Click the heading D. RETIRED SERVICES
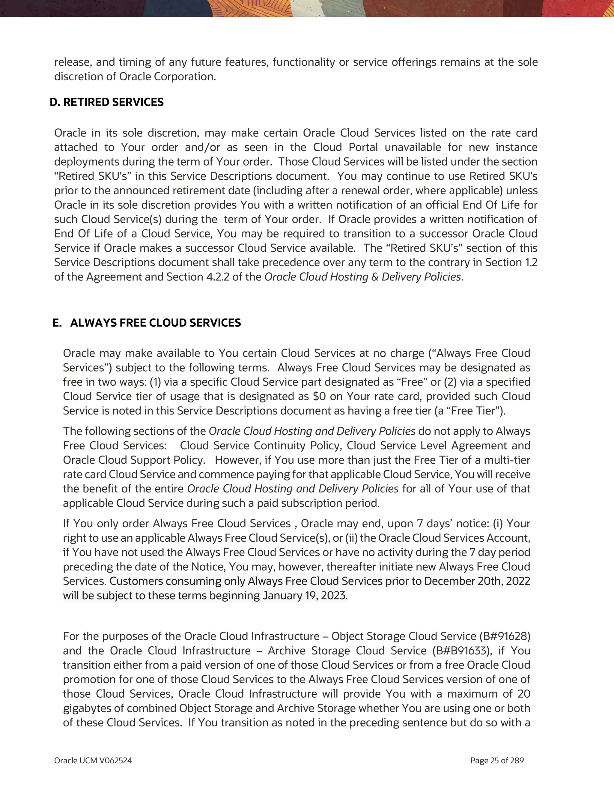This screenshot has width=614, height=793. click(107, 102)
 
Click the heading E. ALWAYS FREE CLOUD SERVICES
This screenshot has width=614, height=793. click(147, 323)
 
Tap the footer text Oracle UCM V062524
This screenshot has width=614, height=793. click(93, 760)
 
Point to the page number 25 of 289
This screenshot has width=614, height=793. click(497, 760)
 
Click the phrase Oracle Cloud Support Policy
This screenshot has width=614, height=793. click(133, 460)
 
